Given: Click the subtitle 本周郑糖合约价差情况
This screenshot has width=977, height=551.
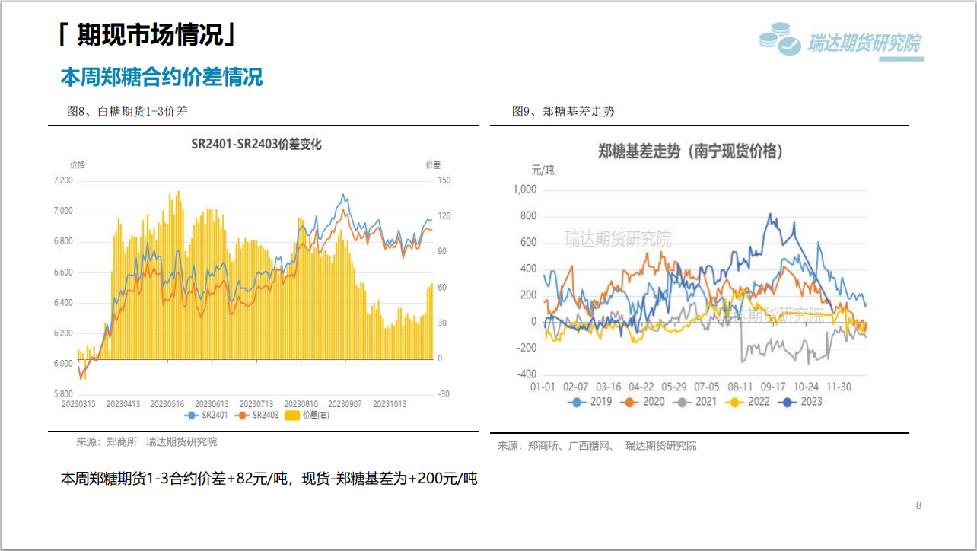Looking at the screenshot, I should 161,77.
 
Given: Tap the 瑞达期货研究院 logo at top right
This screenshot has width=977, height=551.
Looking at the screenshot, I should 841,42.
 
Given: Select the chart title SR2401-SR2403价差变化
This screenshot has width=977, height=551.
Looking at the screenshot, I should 256,145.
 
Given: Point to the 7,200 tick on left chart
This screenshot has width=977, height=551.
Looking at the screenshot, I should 63,180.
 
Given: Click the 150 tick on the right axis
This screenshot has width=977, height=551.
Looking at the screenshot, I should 444,180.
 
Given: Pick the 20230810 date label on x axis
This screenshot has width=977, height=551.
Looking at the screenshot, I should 301,403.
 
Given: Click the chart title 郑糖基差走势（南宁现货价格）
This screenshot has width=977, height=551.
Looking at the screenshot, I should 690,151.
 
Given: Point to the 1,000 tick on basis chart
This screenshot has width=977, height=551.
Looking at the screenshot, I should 524,190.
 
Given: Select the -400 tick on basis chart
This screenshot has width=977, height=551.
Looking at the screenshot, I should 525,374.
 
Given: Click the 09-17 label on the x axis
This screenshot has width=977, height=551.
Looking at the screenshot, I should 774,387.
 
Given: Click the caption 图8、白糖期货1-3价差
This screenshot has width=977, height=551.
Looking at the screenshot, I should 127,112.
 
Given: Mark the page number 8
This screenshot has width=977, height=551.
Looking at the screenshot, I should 918,505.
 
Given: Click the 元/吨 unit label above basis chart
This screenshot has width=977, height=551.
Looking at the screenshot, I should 543,170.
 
